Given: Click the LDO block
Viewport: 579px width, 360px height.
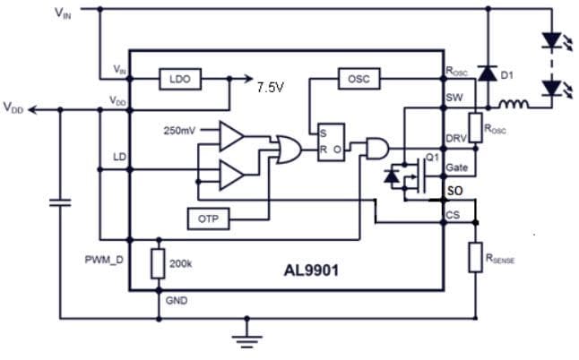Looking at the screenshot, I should coord(179,80).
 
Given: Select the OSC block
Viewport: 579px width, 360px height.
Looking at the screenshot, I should coord(359,80).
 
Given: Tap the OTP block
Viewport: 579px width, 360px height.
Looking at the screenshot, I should coord(209,218).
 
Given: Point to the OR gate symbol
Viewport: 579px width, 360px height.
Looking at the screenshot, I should coord(289,149).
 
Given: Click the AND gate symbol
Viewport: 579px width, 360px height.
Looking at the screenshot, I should coord(376,149).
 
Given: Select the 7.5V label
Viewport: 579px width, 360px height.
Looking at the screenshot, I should coord(271,88).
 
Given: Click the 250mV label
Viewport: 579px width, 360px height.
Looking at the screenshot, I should coord(179,131).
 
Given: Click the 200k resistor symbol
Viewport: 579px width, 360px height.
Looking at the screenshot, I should coord(159,264).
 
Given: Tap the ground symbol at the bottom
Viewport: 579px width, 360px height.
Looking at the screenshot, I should coord(243,338).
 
